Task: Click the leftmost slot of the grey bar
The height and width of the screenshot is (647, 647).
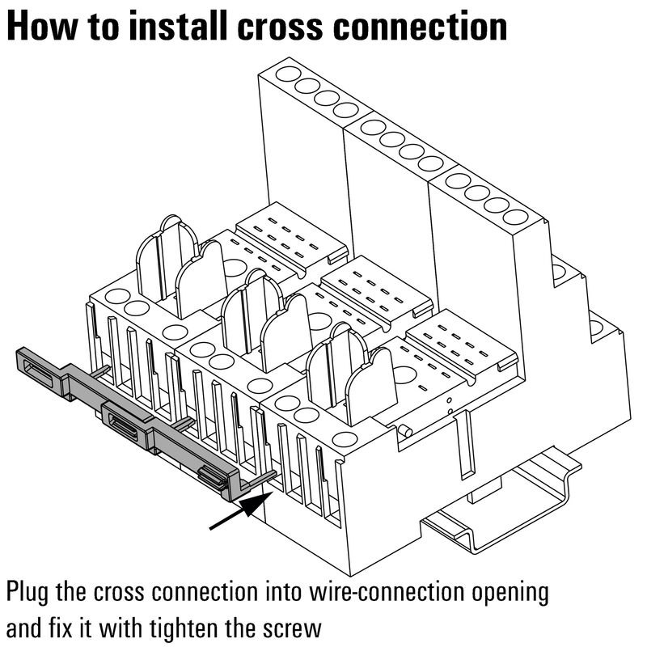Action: [41, 365]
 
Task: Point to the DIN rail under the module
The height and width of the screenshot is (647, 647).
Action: [501, 518]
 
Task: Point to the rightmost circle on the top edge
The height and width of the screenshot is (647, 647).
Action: [514, 217]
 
